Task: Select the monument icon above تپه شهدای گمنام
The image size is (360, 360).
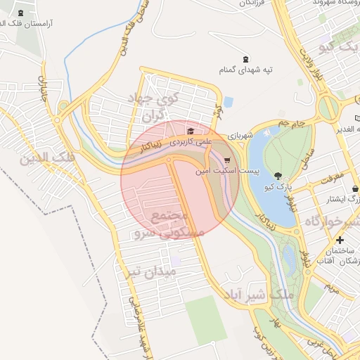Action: pos(245,59)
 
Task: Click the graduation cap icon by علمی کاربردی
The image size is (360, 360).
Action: pos(190,131)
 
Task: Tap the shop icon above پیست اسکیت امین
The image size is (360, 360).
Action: pos(225,160)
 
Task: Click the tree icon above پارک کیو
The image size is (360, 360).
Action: pos(279,176)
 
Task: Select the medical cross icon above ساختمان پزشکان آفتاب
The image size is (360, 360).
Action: pos(340,240)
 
